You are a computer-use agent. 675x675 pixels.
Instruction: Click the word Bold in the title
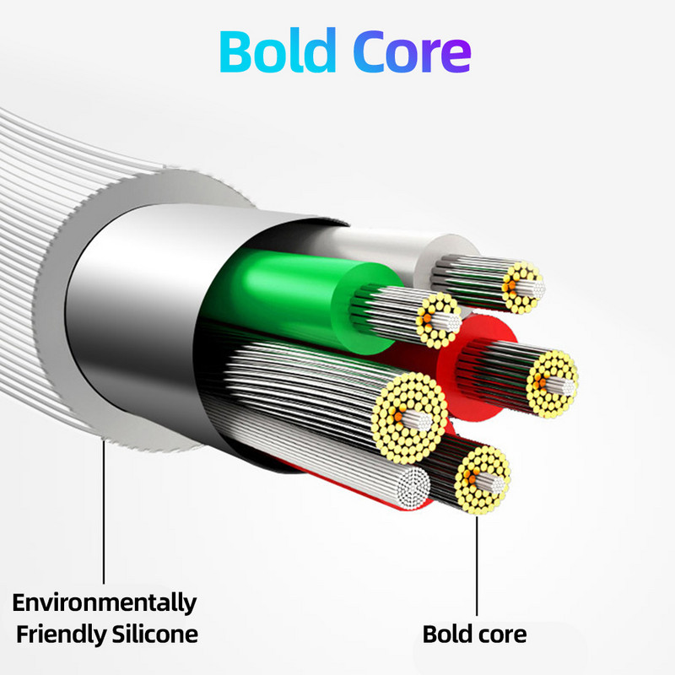pyautogui.click(x=278, y=52)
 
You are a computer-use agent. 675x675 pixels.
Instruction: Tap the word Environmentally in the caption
pyautogui.click(x=104, y=602)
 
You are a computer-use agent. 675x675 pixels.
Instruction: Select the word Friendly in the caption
pyautogui.click(x=54, y=634)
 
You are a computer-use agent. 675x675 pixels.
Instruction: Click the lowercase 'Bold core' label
pyautogui.click(x=474, y=634)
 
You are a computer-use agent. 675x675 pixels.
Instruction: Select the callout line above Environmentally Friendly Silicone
pyautogui.click(x=104, y=515)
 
